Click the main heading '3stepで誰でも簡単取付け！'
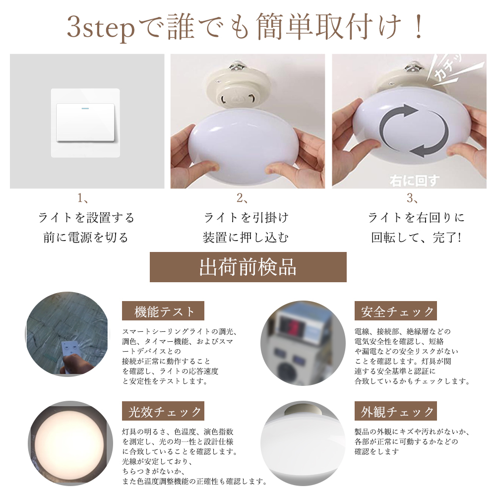click(x=247, y=28)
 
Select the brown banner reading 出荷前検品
click(x=248, y=267)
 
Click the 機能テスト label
click(x=163, y=311)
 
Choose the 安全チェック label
click(x=396, y=311)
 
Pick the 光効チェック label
click(x=163, y=412)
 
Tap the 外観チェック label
click(x=396, y=412)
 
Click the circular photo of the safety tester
click(x=303, y=342)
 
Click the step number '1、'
click(x=82, y=199)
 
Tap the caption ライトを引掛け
click(x=246, y=218)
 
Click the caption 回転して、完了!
click(x=416, y=238)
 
